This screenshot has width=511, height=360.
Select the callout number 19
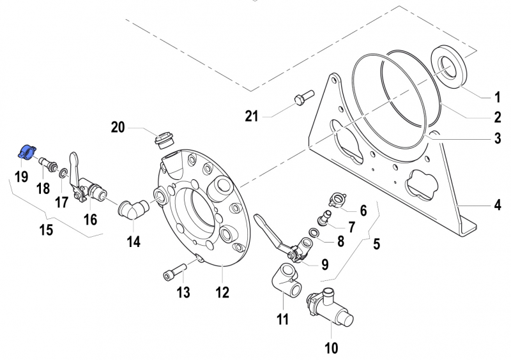[21, 177]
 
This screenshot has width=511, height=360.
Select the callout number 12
[222, 293]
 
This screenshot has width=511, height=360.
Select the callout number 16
[90, 220]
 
